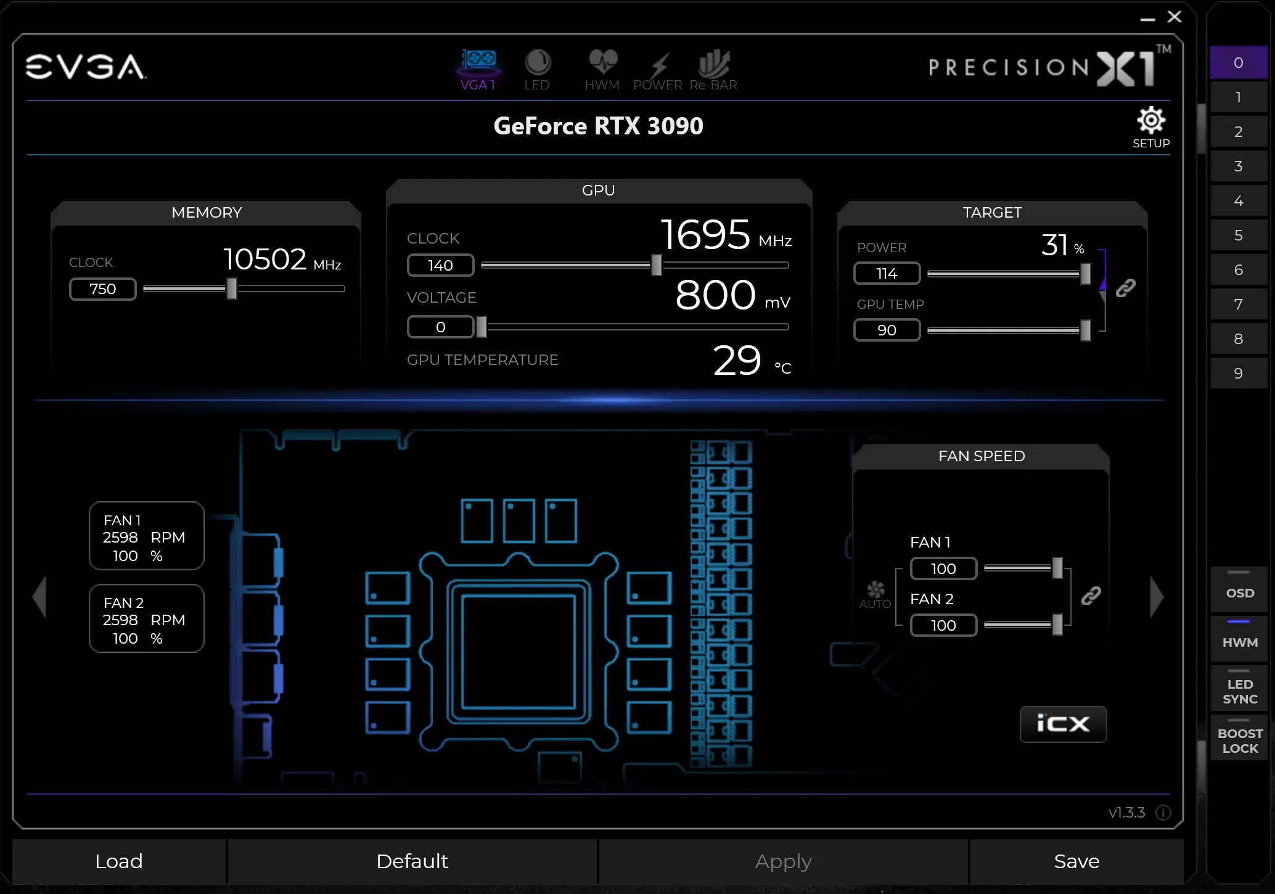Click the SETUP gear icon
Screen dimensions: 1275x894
click(1150, 120)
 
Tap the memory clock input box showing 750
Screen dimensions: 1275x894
click(102, 289)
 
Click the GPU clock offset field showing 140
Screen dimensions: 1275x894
click(440, 265)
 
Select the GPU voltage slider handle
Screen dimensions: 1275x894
click(482, 327)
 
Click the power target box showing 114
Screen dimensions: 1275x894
click(887, 273)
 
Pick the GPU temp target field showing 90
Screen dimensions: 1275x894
click(887, 330)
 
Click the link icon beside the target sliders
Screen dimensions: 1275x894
click(1126, 288)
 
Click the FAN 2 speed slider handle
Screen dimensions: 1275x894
click(1057, 625)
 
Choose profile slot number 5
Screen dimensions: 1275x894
click(1238, 235)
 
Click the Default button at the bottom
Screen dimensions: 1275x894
click(412, 861)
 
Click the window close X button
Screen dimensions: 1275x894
click(1175, 17)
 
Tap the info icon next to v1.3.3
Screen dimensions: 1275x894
click(1163, 813)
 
